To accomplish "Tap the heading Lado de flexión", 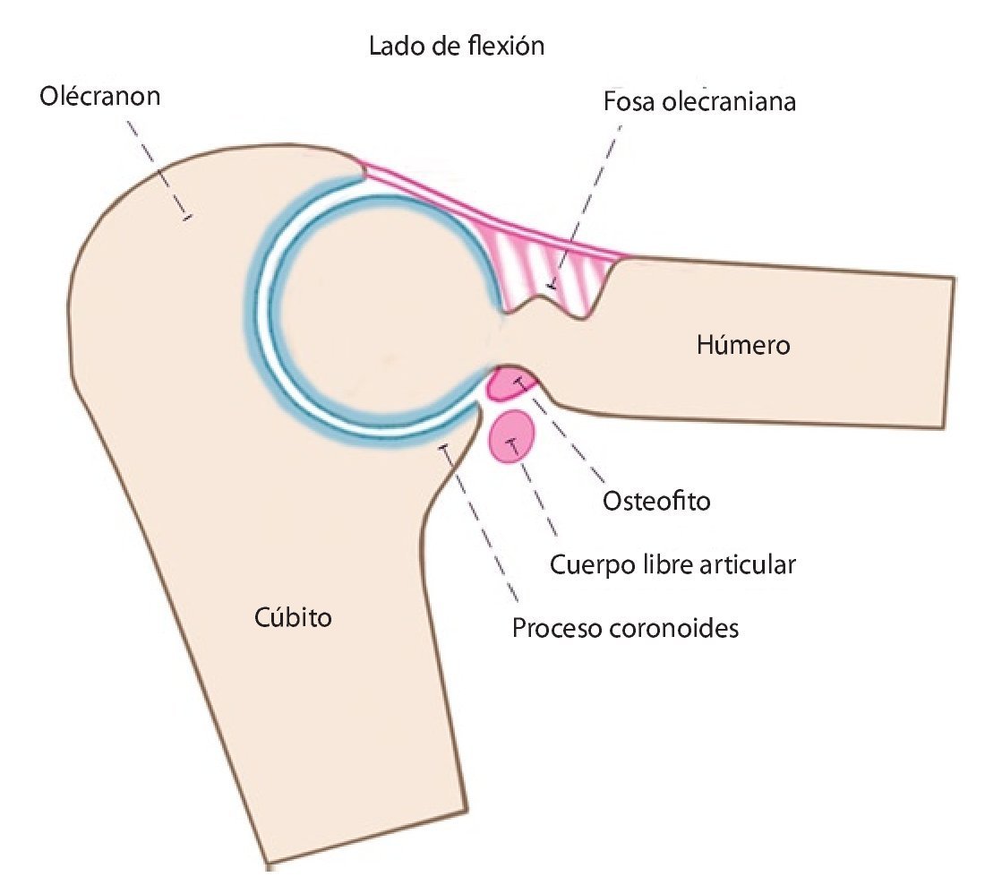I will click(457, 46).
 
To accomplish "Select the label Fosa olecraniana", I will click(699, 101).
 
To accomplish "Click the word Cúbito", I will click(288, 616).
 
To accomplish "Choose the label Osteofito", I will click(656, 501).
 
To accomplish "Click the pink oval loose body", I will click(512, 437).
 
